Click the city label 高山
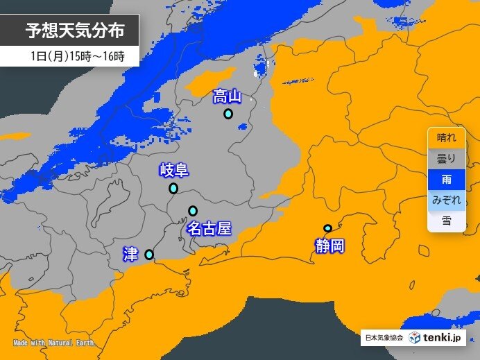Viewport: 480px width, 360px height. pyautogui.click(x=228, y=96)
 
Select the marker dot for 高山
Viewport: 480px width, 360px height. pyautogui.click(x=228, y=114)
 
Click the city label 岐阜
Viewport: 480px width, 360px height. pyautogui.click(x=173, y=170)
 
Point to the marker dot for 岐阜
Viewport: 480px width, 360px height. pyautogui.click(x=173, y=188)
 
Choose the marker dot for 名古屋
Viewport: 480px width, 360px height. pyautogui.click(x=193, y=211)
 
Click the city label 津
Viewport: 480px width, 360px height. pyautogui.click(x=130, y=254)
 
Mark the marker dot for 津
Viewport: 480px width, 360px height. pyautogui.click(x=149, y=255)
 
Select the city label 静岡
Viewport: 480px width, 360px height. pyautogui.click(x=329, y=246)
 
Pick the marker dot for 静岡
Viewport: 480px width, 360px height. pyautogui.click(x=327, y=228)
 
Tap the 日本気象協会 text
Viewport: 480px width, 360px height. pyautogui.click(x=384, y=338)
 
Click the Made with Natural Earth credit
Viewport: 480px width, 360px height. pyautogui.click(x=53, y=343)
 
